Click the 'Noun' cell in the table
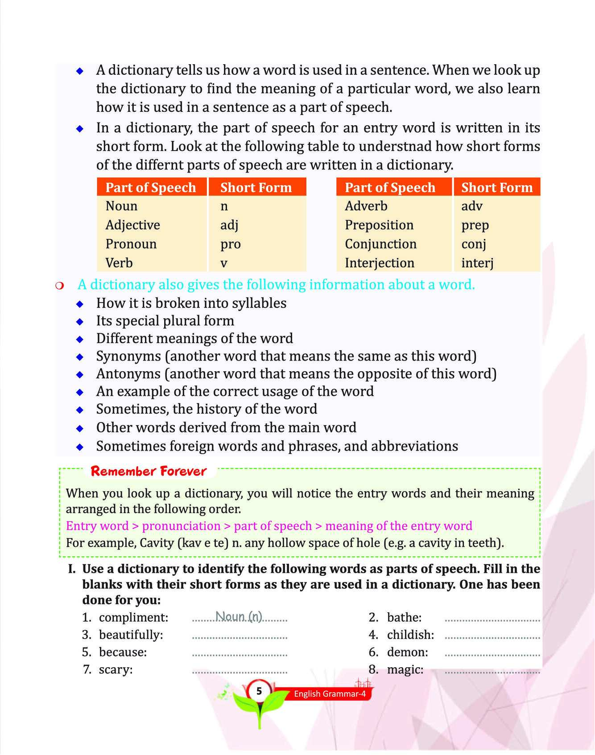[121, 206]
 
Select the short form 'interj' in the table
[477, 263]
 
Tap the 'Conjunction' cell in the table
[380, 244]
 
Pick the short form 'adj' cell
[229, 225]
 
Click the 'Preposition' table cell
[379, 225]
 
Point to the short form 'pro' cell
[230, 244]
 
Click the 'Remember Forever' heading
[149, 471]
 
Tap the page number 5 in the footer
[259, 691]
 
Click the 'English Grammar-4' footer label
[330, 693]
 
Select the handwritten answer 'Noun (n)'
[239, 616]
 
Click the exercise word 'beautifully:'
[131, 635]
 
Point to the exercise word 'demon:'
[407, 652]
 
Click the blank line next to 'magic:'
[492, 671]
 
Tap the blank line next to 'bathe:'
[492, 619]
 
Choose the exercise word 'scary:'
[116, 669]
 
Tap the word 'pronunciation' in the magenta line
[181, 526]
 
